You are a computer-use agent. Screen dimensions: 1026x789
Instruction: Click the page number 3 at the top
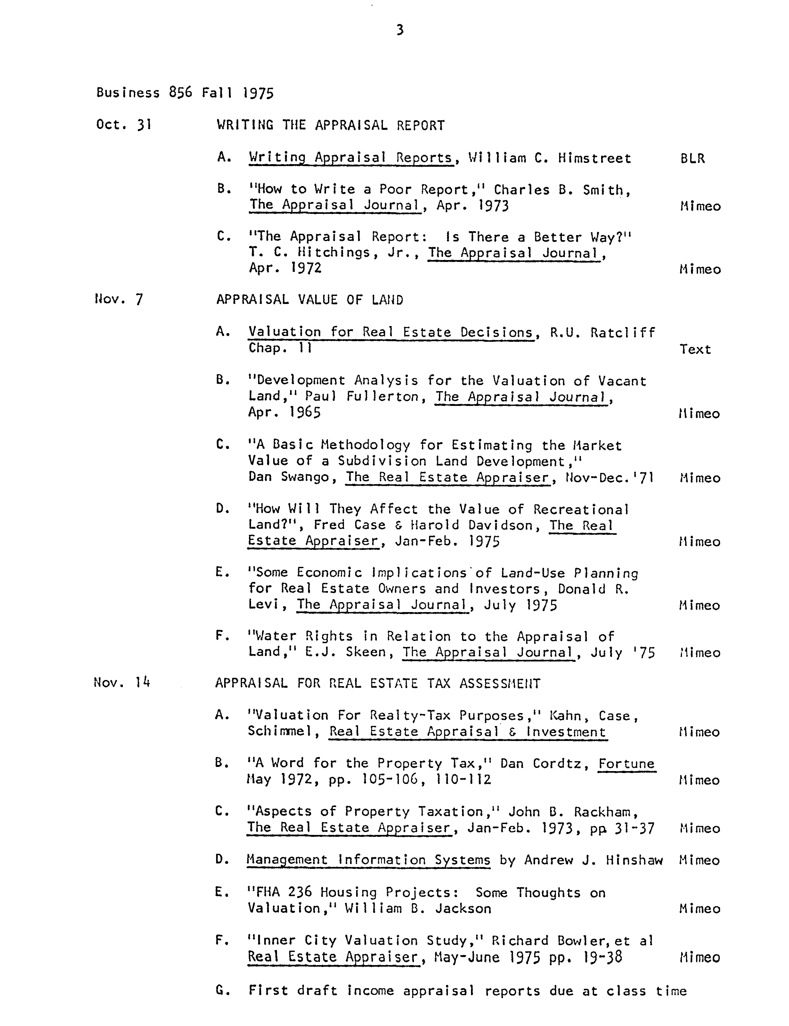399,30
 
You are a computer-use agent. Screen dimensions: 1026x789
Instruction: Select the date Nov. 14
122,682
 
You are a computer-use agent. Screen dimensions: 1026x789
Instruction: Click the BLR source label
692,158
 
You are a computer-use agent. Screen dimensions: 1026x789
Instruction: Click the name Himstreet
594,158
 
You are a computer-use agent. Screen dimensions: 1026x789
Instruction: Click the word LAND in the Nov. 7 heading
387,300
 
